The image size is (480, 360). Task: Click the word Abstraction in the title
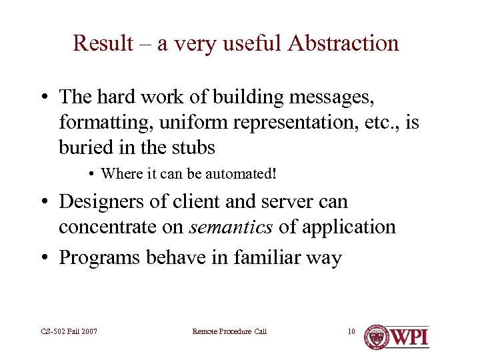[x=343, y=43]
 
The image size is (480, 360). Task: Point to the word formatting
[x=98, y=123]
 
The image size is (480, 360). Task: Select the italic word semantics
[x=231, y=227]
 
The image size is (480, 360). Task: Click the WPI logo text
[x=409, y=336]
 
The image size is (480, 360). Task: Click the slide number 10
[x=352, y=331]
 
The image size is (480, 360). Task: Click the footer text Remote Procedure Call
[x=229, y=331]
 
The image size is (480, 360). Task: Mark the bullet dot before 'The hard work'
[x=43, y=98]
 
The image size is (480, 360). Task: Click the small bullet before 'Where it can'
[x=90, y=175]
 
